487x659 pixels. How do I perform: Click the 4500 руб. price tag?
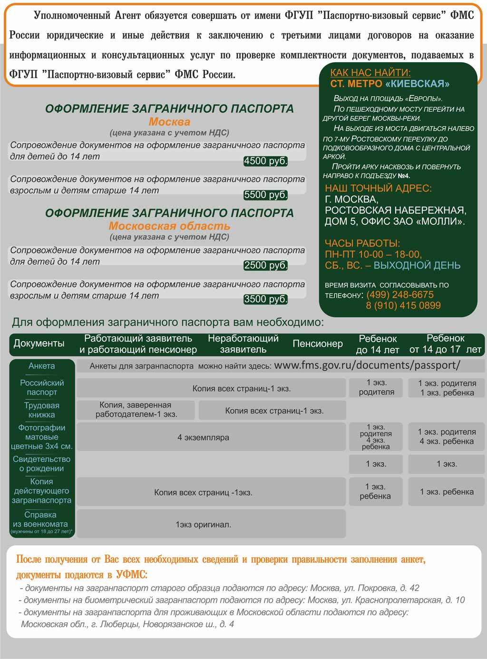(x=265, y=161)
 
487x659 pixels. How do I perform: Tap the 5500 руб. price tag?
(x=265, y=195)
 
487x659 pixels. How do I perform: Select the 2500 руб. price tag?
(x=265, y=266)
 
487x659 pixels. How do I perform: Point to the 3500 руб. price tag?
(x=265, y=299)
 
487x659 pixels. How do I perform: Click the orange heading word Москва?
(x=169, y=122)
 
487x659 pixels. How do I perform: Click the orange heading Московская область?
(x=169, y=226)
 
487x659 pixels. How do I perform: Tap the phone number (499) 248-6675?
(x=400, y=295)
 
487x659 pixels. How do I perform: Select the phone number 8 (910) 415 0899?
(x=403, y=306)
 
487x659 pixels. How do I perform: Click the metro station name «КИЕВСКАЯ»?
(x=417, y=84)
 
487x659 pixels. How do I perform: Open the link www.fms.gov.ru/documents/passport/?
(x=367, y=365)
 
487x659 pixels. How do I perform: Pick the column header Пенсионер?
(x=318, y=344)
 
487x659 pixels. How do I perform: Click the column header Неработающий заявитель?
(x=243, y=344)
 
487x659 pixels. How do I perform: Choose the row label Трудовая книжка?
(x=42, y=410)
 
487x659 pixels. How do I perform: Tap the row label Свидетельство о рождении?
(x=42, y=464)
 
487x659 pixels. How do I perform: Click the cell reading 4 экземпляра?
(x=203, y=437)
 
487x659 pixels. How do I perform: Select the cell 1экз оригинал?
(x=203, y=525)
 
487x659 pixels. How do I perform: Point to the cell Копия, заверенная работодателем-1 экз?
(x=136, y=410)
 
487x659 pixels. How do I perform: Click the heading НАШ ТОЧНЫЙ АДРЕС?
(x=378, y=188)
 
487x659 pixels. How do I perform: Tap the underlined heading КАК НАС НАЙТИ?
(x=370, y=73)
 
